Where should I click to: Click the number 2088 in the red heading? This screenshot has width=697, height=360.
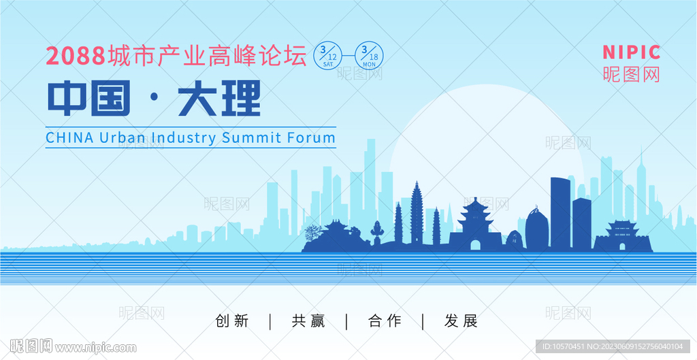point(76,56)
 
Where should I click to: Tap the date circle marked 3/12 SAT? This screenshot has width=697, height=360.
point(328,56)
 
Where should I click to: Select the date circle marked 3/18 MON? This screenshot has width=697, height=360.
point(369,56)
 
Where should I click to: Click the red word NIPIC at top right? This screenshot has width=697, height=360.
point(631,52)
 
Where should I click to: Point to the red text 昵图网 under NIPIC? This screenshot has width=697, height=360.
point(631,74)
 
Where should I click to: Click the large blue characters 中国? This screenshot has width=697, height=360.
point(89,98)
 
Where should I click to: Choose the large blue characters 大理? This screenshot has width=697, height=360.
point(219,98)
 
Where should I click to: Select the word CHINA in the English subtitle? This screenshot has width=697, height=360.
point(70,137)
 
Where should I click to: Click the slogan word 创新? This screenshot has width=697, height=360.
point(232,321)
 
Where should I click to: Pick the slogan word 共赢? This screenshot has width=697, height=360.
point(308,321)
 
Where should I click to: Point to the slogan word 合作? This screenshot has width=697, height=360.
point(385,321)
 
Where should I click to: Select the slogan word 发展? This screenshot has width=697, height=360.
point(461,321)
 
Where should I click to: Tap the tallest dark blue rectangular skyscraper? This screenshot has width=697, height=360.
point(561,213)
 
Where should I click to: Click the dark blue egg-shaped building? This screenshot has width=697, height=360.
point(536,229)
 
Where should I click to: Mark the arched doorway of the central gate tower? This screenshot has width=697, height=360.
point(476,246)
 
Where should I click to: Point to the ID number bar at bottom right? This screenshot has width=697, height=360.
point(613,346)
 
